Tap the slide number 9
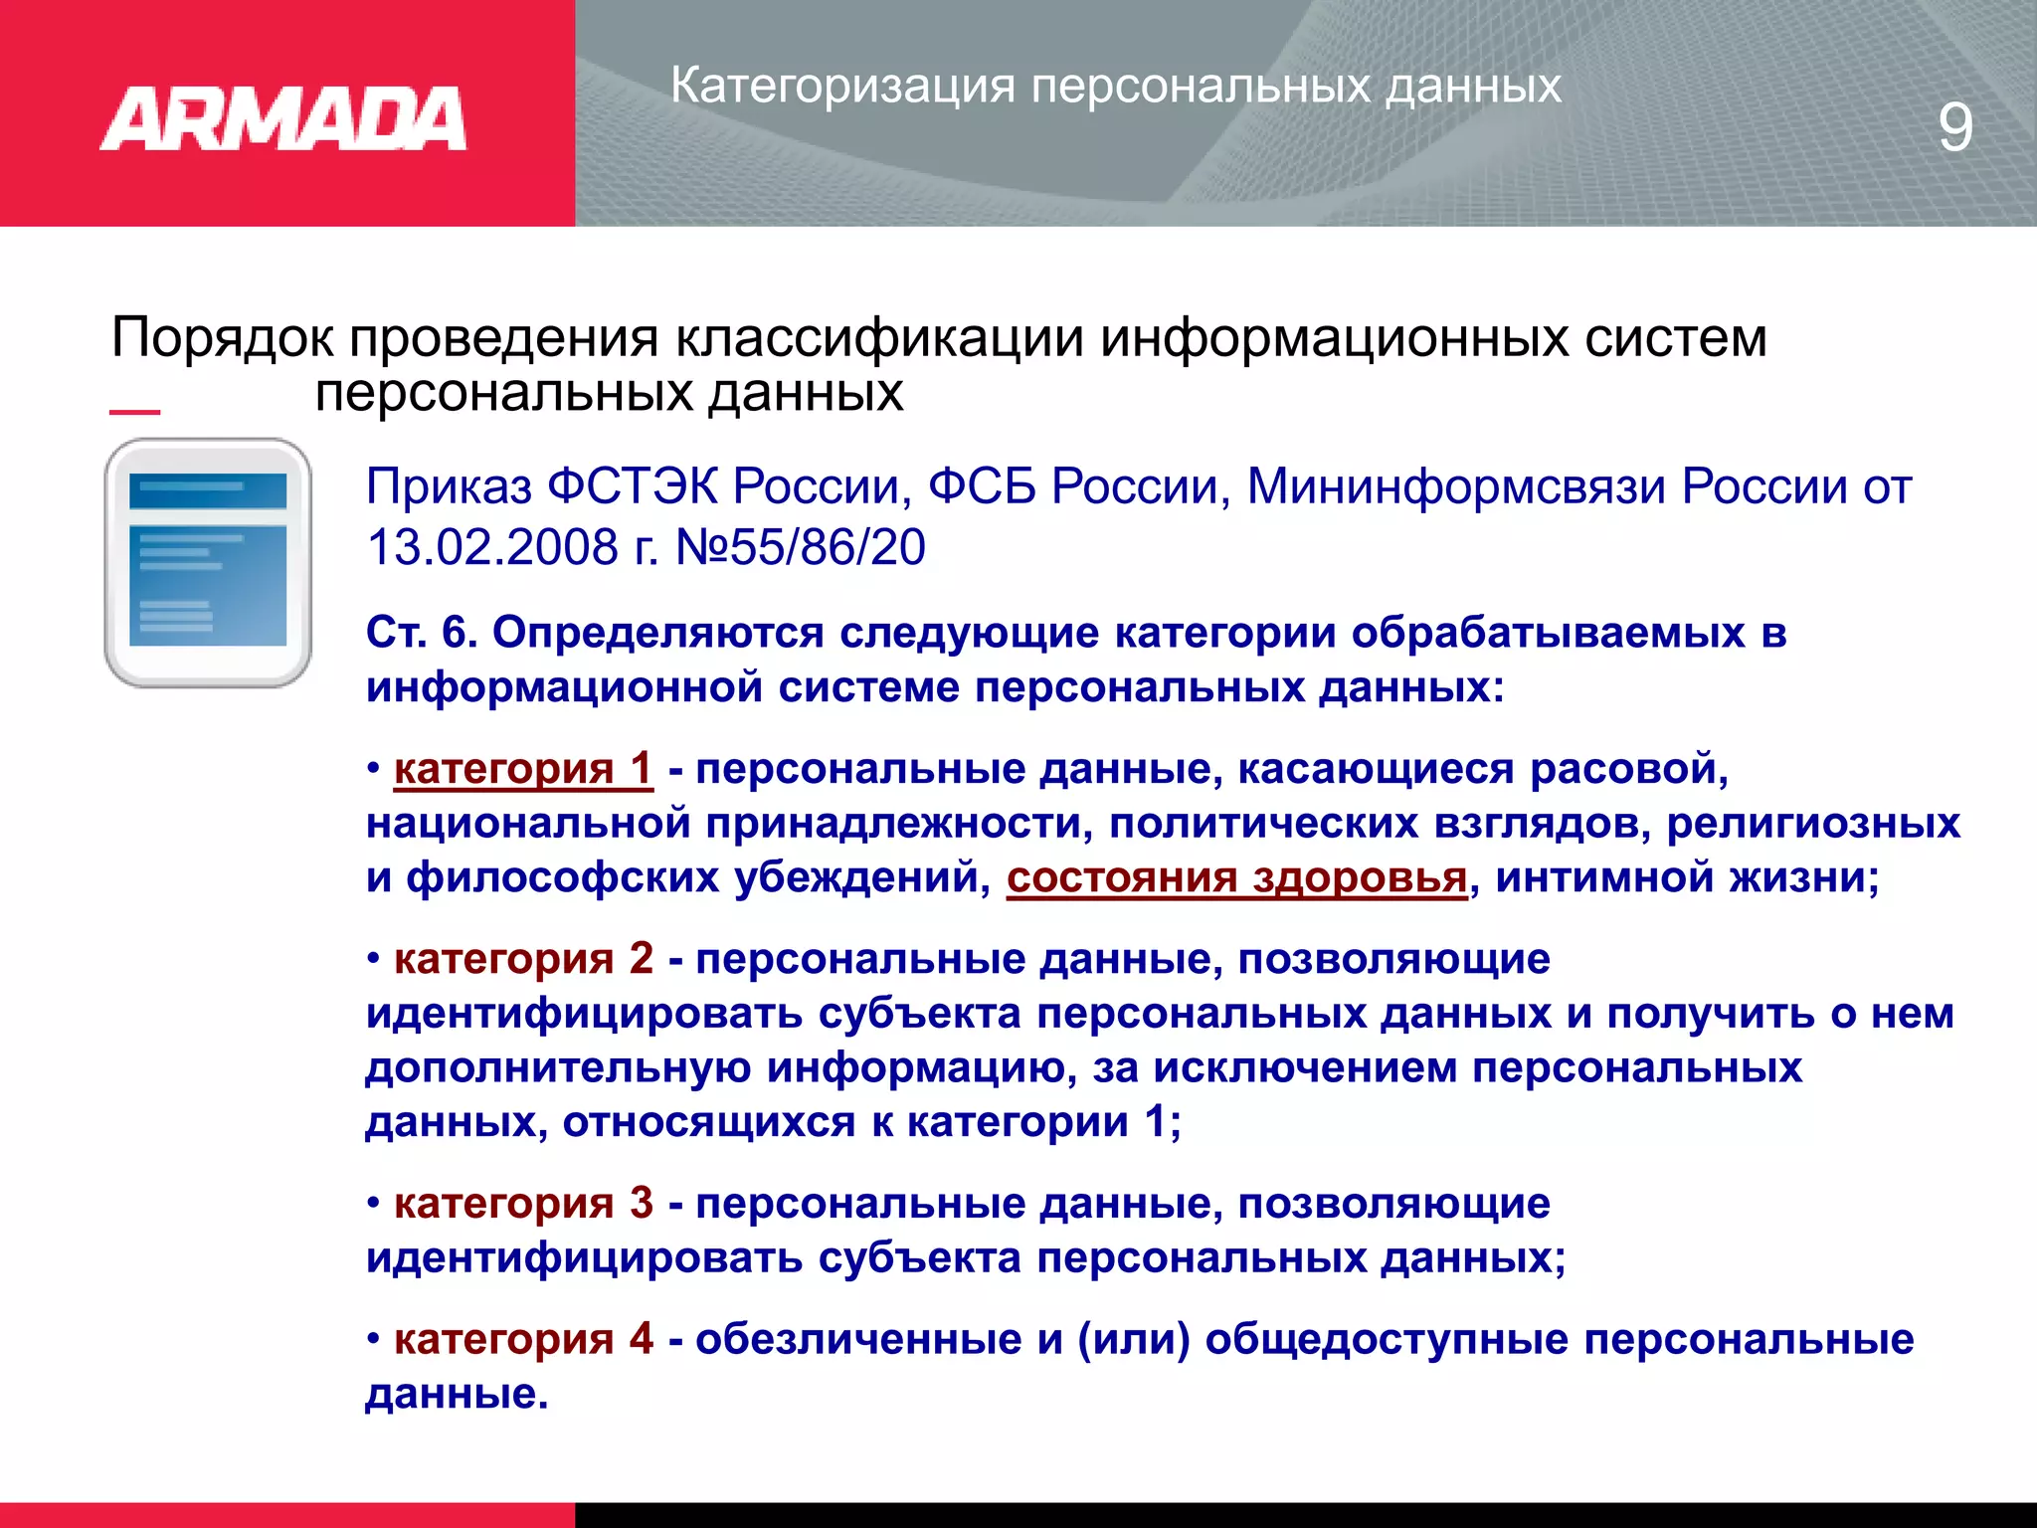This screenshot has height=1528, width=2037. click(1954, 128)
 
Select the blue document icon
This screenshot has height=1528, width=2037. click(208, 562)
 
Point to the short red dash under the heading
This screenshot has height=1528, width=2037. click(134, 411)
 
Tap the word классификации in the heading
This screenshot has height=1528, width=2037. click(879, 338)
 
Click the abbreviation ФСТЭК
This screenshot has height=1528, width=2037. click(632, 487)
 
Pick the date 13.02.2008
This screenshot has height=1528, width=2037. click(492, 547)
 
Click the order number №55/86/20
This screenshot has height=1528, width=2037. click(801, 547)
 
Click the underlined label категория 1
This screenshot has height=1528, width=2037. click(523, 769)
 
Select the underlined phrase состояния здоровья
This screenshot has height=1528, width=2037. click(1237, 877)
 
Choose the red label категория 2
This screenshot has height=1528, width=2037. click(523, 959)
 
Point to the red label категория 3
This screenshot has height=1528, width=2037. click(523, 1204)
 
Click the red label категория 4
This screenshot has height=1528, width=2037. click(523, 1339)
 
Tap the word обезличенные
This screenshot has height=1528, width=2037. click(858, 1339)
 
